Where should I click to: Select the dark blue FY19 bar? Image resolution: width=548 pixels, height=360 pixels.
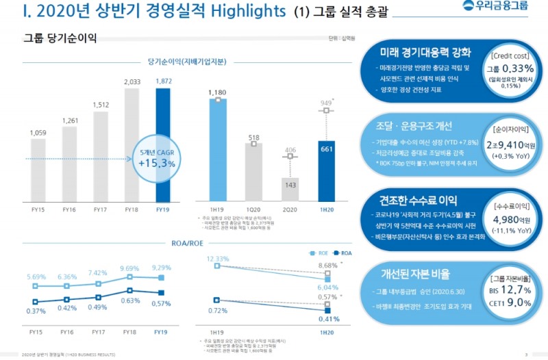[162, 147]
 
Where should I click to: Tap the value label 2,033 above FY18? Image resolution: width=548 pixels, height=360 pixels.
[132, 82]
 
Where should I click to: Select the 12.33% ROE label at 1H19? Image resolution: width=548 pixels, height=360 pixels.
[217, 258]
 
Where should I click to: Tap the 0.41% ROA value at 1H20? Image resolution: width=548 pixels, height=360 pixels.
[329, 319]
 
